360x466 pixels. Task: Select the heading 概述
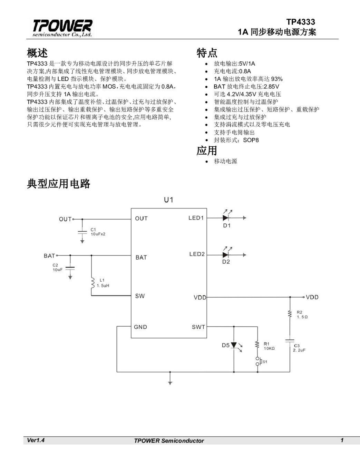click(37, 53)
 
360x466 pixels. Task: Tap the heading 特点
click(207, 53)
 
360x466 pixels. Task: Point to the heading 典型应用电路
click(58, 184)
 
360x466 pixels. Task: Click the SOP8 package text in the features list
click(251, 140)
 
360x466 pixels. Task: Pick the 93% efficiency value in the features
click(276, 79)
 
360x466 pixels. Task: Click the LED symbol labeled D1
click(226, 218)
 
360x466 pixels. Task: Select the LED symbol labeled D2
click(226, 255)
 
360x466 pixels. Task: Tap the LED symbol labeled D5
click(234, 345)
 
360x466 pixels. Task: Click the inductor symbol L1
click(92, 283)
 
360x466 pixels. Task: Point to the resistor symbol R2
click(290, 314)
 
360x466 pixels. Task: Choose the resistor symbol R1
click(257, 344)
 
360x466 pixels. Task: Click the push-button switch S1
click(257, 361)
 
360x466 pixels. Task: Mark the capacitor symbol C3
click(290, 341)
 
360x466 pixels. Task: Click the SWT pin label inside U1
click(198, 327)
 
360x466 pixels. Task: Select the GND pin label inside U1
click(140, 327)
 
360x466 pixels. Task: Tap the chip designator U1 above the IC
click(168, 200)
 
